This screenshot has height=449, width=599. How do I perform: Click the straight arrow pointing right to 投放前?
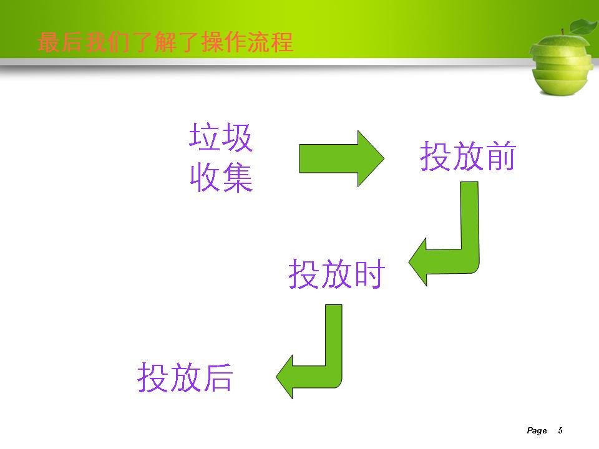point(341,158)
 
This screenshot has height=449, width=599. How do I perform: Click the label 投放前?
point(468,156)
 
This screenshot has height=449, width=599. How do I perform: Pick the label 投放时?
point(336,273)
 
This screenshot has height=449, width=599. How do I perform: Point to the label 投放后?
point(185,377)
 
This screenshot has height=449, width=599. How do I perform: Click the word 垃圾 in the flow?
point(221,137)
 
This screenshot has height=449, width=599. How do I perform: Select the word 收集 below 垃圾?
point(221,177)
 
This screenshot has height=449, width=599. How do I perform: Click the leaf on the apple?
point(583,27)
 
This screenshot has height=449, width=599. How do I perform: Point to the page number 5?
point(560,430)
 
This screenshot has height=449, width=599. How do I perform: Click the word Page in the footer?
point(537,431)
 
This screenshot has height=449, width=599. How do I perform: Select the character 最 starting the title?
point(49,42)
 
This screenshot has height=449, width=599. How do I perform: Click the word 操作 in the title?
point(224,42)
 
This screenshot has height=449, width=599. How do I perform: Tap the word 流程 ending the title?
point(270,42)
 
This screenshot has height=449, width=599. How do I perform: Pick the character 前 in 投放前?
point(501,156)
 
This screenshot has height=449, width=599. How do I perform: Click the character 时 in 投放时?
point(370,273)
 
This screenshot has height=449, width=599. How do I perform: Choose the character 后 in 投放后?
point(218,377)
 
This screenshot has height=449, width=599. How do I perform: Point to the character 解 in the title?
point(166,42)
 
